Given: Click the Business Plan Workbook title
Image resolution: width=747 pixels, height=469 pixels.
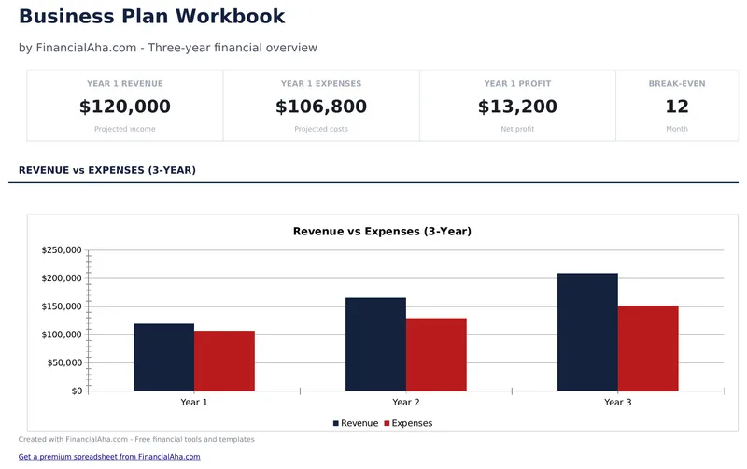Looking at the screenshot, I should click(152, 17).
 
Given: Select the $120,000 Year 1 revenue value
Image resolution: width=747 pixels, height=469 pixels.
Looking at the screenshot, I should click(125, 107).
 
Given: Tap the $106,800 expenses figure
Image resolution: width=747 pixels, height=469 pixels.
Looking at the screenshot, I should click(321, 107).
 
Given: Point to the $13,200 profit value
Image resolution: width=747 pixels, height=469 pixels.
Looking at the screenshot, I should click(517, 107).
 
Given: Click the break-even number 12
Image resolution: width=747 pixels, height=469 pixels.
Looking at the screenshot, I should click(677, 107).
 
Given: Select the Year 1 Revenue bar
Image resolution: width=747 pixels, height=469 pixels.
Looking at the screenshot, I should click(163, 357).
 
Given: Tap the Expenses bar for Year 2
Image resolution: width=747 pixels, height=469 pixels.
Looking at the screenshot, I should click(436, 354).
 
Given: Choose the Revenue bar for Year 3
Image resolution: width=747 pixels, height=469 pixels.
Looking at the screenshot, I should click(587, 332).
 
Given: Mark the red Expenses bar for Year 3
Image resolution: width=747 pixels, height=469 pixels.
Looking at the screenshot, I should click(648, 348).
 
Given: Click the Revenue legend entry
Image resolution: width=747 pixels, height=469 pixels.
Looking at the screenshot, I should click(356, 423).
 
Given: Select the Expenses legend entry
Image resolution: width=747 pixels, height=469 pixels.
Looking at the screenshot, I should click(408, 423).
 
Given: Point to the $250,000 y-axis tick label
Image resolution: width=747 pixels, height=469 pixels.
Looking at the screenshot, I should click(63, 250).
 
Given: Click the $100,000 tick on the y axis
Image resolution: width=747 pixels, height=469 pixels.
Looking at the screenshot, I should click(63, 334).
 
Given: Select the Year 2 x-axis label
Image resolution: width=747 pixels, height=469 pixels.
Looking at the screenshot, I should click(405, 402).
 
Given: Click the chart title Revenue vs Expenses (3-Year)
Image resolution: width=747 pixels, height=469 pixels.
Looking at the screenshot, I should click(382, 231).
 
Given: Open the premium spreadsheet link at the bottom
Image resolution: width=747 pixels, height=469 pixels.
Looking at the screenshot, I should click(109, 457).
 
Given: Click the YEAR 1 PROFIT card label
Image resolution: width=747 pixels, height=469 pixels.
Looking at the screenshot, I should click(517, 84).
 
